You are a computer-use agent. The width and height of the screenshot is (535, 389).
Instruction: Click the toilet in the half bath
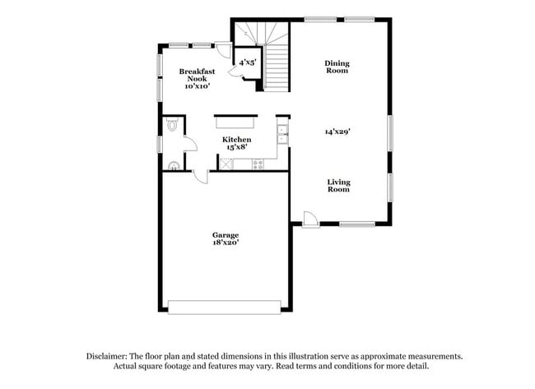coord(171,125)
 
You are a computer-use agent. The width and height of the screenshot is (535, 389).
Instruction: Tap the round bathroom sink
coord(172,165)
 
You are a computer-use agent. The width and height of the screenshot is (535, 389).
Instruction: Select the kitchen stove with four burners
coord(258,164)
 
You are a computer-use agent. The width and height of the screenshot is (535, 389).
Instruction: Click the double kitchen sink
coord(281,132)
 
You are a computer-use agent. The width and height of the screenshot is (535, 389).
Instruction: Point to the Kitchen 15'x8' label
coord(236,144)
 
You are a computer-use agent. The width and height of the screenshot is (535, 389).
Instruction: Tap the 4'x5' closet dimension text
coord(248,63)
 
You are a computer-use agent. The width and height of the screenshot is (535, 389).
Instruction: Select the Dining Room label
coord(336,67)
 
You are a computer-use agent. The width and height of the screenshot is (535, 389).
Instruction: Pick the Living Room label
coord(338,186)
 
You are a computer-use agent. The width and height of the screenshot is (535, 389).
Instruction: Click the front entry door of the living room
coord(309,219)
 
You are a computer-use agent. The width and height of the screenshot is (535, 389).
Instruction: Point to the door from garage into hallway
coord(200,175)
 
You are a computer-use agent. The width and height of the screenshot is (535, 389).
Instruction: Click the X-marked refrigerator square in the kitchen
coord(224,164)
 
